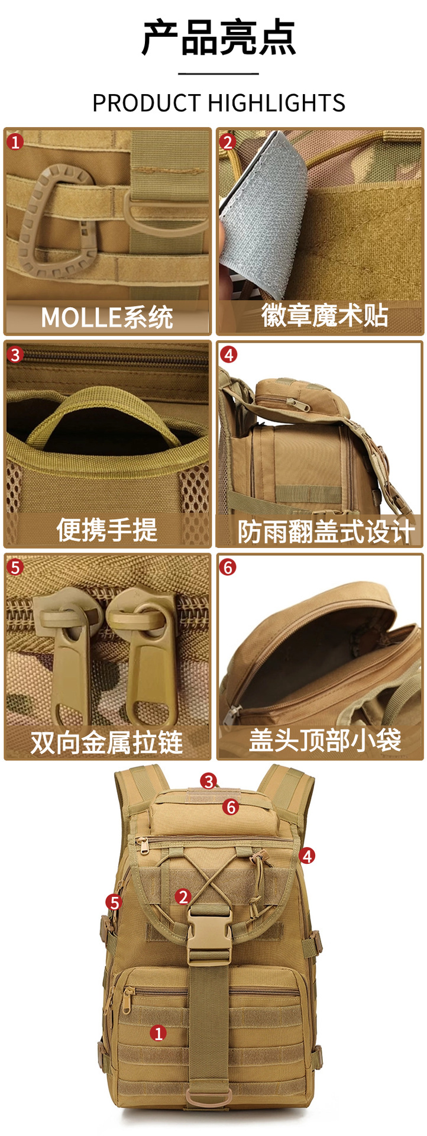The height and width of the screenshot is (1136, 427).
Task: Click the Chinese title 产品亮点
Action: (x=219, y=38)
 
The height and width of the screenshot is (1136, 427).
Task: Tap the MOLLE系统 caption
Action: (x=107, y=318)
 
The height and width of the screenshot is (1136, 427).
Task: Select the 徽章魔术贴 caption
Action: (x=325, y=315)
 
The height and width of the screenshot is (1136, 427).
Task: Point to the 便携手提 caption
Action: (x=107, y=530)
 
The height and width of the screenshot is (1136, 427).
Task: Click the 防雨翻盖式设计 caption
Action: (x=326, y=531)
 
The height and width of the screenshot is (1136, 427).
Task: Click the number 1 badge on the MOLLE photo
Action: (x=15, y=142)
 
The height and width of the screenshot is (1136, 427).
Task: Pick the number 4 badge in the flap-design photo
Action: (x=228, y=354)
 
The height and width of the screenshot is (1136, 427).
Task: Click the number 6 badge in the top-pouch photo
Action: (x=228, y=567)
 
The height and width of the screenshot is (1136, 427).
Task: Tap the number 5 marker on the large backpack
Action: (x=114, y=902)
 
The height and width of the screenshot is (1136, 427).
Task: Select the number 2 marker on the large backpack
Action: (x=183, y=897)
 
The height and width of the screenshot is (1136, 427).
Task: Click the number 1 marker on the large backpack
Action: (x=158, y=1033)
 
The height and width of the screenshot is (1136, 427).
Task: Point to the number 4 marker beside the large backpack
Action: (x=307, y=856)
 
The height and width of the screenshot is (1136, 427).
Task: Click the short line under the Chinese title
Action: (x=219, y=74)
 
